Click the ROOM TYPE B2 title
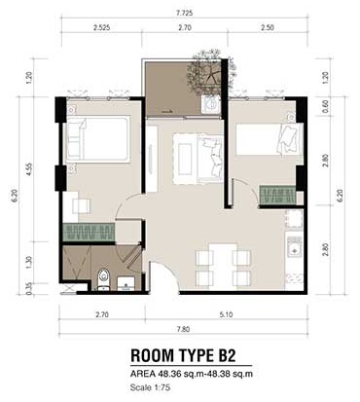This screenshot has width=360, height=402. point(183,355)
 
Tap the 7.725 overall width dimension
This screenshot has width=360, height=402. point(184,14)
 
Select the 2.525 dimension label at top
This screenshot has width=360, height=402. point(101,28)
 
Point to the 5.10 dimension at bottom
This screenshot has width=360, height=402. point(226,314)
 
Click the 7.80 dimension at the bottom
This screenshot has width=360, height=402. point(183,329)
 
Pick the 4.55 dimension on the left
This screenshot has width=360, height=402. point(30,169)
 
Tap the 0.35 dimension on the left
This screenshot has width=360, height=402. point(30,289)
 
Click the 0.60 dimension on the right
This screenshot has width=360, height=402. point(326,106)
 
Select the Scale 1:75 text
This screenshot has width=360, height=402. point(150,387)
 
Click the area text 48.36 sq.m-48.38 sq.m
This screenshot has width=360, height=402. point(205,374)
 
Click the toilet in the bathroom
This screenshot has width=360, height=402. point(104,278)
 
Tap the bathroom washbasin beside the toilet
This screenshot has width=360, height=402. point(126,283)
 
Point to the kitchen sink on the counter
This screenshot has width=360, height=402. point(295,247)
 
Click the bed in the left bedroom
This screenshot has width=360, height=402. point(98,139)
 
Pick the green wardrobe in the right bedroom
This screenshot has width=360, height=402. point(277,195)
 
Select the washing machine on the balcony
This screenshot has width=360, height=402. point(211,104)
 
